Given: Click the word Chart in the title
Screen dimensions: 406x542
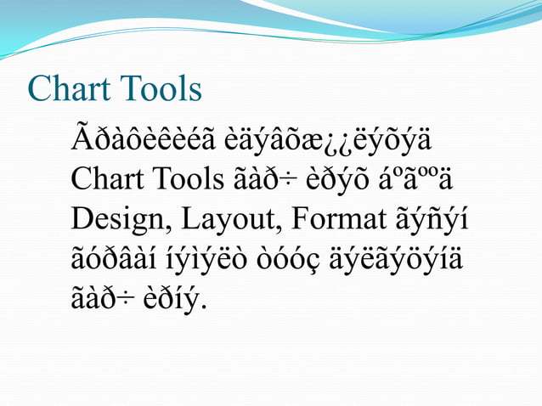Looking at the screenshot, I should pos(65,88).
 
